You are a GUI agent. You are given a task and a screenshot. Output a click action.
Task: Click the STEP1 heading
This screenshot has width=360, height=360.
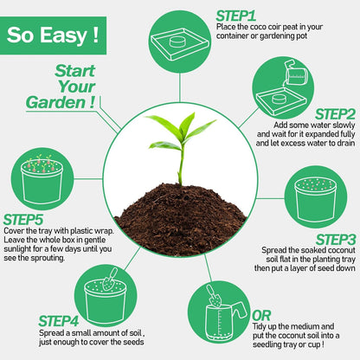click(x=235, y=15)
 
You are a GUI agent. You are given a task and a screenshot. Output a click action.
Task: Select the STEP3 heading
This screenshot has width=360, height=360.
click(x=336, y=239)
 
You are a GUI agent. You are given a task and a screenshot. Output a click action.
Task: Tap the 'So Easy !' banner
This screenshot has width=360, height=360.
click(x=53, y=35)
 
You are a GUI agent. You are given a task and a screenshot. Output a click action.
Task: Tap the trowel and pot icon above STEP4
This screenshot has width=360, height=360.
click(x=107, y=295)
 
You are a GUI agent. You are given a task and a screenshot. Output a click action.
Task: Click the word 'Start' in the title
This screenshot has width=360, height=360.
click(x=76, y=70)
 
